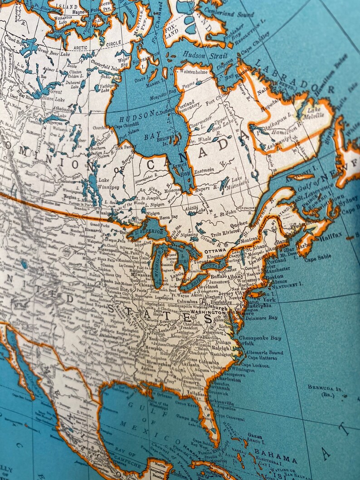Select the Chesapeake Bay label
pyautogui.click(x=260, y=338)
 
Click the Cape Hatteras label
pyautogui.click(x=263, y=358)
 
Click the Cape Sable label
pyautogui.click(x=317, y=259)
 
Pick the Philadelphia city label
pyautogui.click(x=258, y=305)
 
